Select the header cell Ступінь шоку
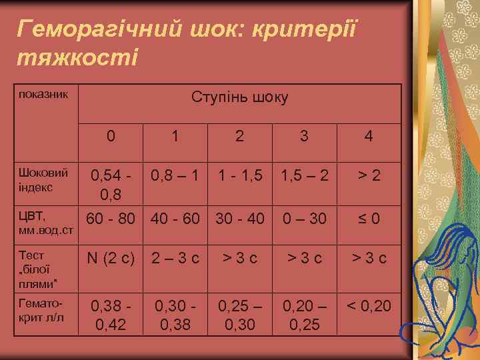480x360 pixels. coord(239,97)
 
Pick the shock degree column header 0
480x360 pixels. coord(111,137)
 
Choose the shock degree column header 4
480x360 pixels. coord(368,137)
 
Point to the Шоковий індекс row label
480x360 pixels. coord(43,180)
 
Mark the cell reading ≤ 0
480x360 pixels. coord(368,219)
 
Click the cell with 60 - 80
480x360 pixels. coord(111,219)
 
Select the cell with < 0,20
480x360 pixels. coord(368,307)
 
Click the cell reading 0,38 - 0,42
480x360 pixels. coord(111,315)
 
